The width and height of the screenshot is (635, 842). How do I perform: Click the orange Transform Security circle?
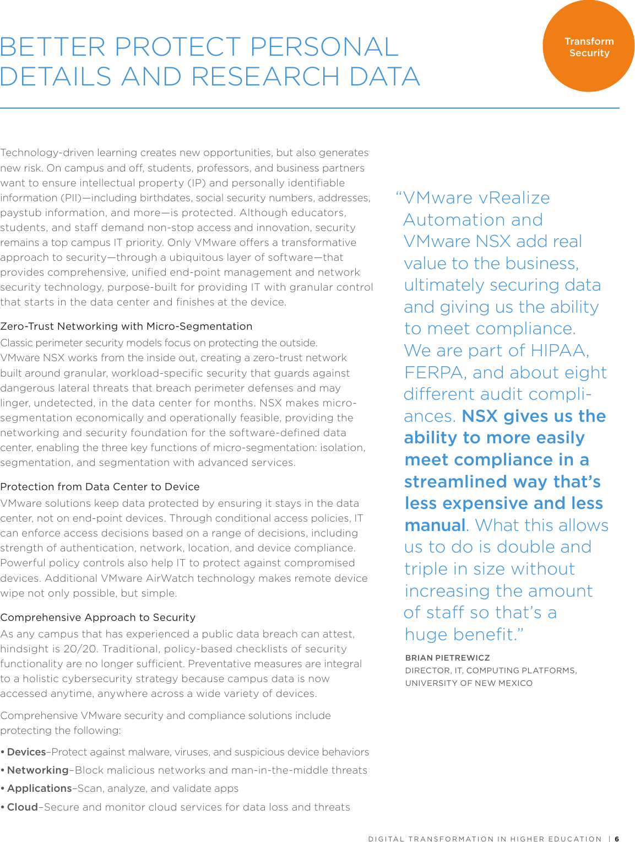(588, 46)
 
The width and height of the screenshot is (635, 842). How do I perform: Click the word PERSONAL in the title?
(324, 47)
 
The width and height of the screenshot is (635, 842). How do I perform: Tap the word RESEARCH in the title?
(265, 77)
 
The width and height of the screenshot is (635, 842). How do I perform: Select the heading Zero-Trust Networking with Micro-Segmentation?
(126, 326)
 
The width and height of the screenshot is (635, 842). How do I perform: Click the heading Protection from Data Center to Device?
(100, 487)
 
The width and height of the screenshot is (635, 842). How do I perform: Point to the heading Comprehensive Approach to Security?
(98, 618)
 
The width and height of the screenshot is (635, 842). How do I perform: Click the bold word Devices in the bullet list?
(26, 752)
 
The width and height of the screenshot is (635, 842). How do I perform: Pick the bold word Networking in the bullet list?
(38, 770)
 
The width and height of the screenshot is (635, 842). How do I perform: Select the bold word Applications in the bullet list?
(40, 789)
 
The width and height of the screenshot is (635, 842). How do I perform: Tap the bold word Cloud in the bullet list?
(23, 807)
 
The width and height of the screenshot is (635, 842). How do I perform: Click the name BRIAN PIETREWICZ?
(447, 658)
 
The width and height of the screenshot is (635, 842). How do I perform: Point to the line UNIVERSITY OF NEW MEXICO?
(469, 683)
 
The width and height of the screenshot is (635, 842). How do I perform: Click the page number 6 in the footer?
(617, 839)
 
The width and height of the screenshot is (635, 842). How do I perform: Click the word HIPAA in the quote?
(560, 351)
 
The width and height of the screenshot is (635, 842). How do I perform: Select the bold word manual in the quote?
(435, 525)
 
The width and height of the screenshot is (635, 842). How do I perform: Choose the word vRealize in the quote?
(514, 198)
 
